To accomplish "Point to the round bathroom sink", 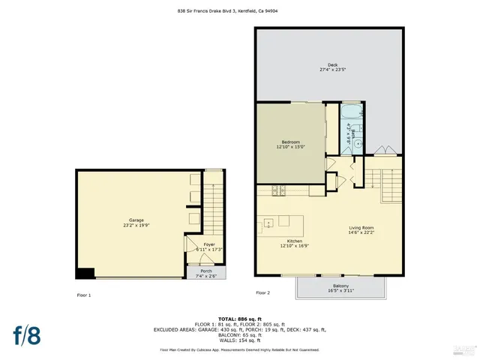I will (x=358, y=142).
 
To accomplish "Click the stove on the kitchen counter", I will (x=278, y=190).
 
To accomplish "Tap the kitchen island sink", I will (x=268, y=223).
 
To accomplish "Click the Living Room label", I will (x=361, y=230).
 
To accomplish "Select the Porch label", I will (x=205, y=273).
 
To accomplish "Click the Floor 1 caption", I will (x=84, y=295).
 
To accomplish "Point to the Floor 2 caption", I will (x=262, y=292).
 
